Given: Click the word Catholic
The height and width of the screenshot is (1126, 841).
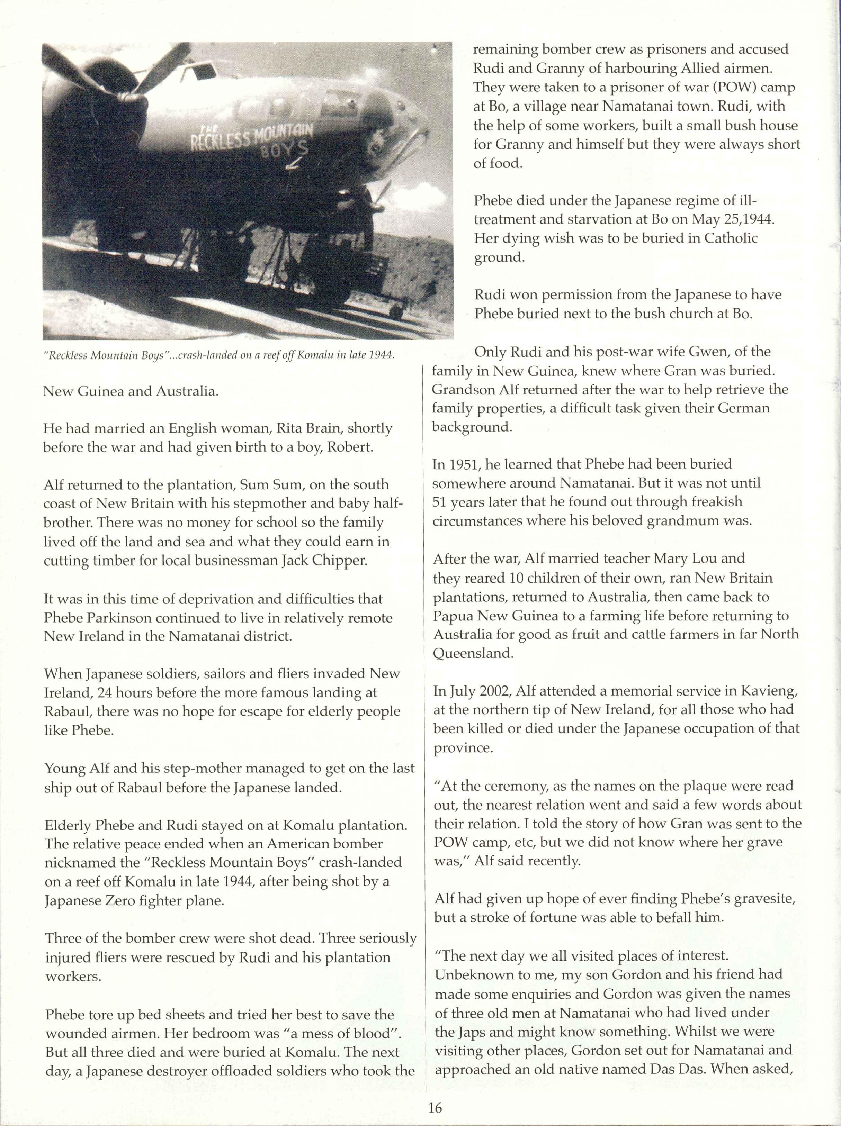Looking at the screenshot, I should (731, 238).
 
